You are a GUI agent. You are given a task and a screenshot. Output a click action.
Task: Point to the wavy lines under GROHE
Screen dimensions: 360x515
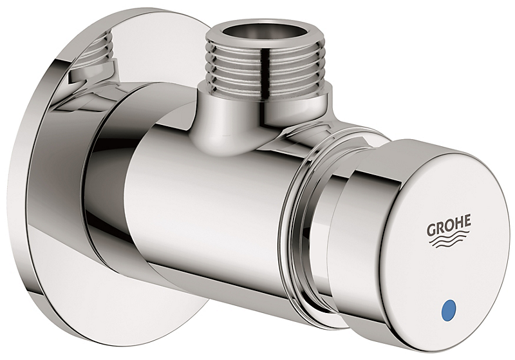pyautogui.click(x=449, y=243)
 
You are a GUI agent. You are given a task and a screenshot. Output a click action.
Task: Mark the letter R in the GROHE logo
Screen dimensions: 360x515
pyautogui.click(x=440, y=229)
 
